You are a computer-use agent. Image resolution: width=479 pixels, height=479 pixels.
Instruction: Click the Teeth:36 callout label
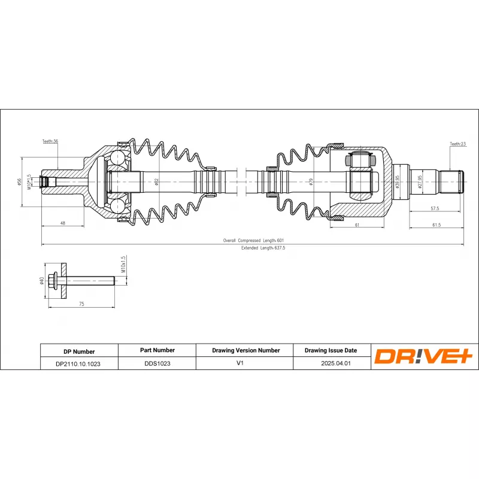click(x=50, y=141)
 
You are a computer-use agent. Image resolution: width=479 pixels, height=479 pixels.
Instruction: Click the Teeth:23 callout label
click(x=457, y=144)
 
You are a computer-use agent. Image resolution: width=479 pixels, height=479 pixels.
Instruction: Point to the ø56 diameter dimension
click(x=20, y=183)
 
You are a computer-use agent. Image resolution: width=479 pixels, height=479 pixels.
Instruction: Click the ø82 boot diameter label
click(x=156, y=181)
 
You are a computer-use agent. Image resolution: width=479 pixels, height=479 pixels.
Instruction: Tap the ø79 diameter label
click(x=311, y=181)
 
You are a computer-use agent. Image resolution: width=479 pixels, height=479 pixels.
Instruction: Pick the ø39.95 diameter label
click(x=397, y=181)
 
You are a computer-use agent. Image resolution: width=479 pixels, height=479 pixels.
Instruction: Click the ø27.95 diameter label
click(x=420, y=181)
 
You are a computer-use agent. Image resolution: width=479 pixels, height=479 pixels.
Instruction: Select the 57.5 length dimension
click(x=435, y=209)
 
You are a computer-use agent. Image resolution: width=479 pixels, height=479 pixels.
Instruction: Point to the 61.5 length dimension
click(x=436, y=225)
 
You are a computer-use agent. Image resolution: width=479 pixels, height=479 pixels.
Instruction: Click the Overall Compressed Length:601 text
click(x=253, y=240)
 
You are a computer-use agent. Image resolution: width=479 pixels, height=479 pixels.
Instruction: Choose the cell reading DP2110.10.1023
click(x=78, y=363)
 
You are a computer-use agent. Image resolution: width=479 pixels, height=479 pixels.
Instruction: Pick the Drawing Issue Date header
click(x=331, y=350)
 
